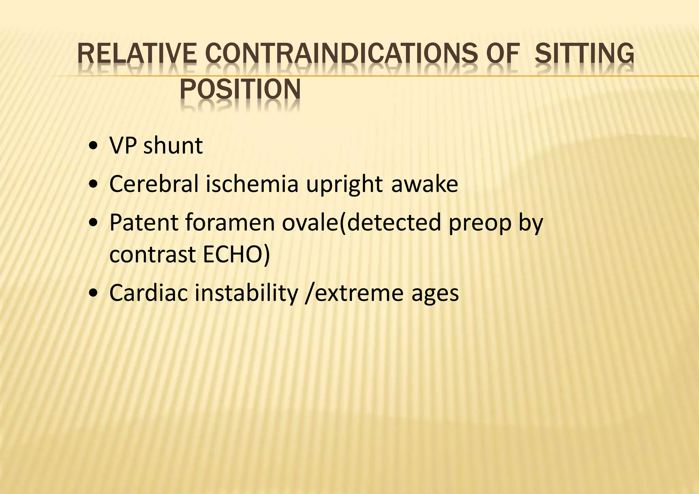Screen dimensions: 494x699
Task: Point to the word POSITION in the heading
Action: pos(240,89)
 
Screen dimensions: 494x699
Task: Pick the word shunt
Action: pos(173,146)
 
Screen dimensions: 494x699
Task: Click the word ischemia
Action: pos(252,184)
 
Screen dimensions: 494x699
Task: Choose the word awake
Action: pos(424,184)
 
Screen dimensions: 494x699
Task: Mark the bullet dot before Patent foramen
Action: pos(92,224)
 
